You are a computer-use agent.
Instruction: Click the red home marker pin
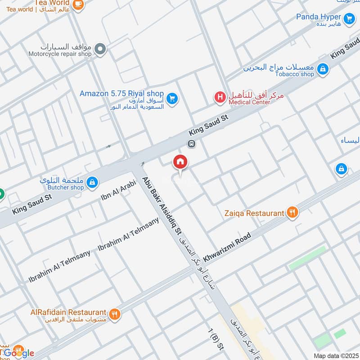pyautogui.click(x=180, y=162)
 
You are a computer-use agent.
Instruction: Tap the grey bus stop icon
pyautogui.click(x=191, y=144)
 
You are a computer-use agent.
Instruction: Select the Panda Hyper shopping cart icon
pyautogui.click(x=349, y=19)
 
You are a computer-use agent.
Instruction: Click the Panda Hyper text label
pyautogui.click(x=318, y=17)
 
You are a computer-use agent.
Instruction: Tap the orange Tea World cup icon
pyautogui.click(x=78, y=4)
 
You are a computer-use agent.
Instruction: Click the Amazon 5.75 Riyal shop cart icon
pyautogui.click(x=171, y=98)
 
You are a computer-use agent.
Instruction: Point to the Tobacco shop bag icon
pyautogui.click(x=322, y=69)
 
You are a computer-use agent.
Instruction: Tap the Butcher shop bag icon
pyautogui.click(x=92, y=182)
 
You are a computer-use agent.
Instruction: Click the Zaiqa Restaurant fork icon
pyautogui.click(x=292, y=213)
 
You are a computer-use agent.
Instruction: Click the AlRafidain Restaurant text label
pyautogui.click(x=69, y=312)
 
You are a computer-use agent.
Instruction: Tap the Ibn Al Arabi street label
pyautogui.click(x=115, y=192)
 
